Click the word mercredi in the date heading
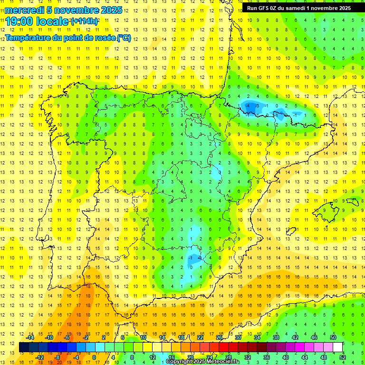click(x=25, y=10)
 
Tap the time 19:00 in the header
click(x=19, y=21)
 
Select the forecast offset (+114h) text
click(x=85, y=21)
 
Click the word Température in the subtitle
click(x=29, y=38)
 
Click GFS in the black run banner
click(x=267, y=8)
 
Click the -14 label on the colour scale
click(x=29, y=337)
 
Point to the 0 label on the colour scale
click(x=94, y=357)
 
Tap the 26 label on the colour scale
click(x=219, y=337)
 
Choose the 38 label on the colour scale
click(x=276, y=337)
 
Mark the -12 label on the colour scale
click(x=40, y=357)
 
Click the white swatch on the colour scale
click(x=338, y=347)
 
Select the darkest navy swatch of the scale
click(x=24, y=347)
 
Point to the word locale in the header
click(x=52, y=21)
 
